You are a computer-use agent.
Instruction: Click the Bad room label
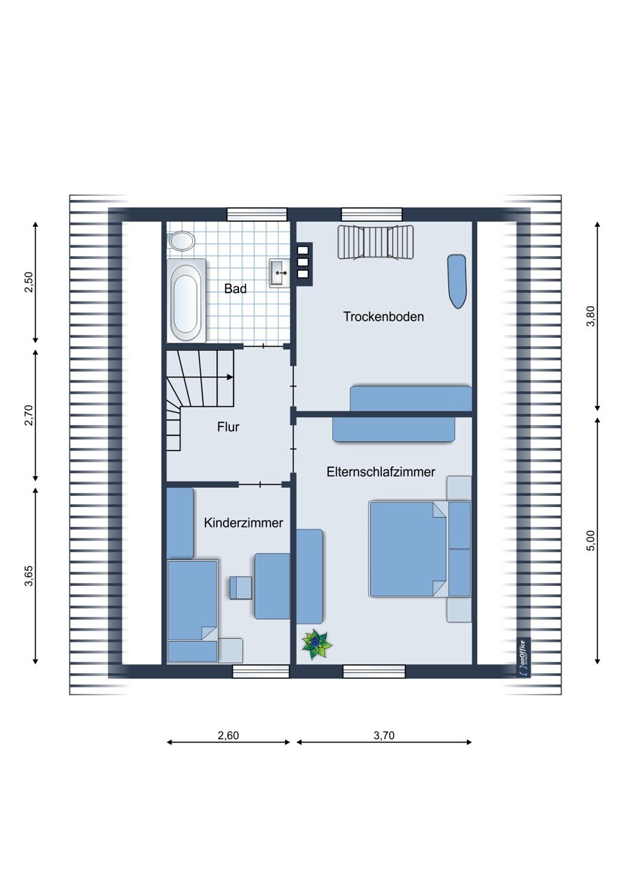pyautogui.click(x=235, y=289)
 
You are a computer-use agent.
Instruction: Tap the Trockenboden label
pyautogui.click(x=383, y=317)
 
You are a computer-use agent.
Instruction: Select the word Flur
pyautogui.click(x=228, y=427)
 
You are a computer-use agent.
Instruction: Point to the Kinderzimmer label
pyautogui.click(x=243, y=523)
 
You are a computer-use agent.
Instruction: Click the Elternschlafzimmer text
pyautogui.click(x=381, y=472)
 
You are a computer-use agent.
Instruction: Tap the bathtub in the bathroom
pyautogui.click(x=186, y=299)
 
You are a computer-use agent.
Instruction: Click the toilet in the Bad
pyautogui.click(x=181, y=242)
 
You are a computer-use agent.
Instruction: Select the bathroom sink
pyautogui.click(x=279, y=273)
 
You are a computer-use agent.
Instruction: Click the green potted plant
pyautogui.click(x=317, y=644)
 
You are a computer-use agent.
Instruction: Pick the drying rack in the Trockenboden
pyautogui.click(x=376, y=242)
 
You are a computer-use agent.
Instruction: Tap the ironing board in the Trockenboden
pyautogui.click(x=457, y=281)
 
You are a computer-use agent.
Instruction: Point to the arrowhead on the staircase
pyautogui.click(x=230, y=376)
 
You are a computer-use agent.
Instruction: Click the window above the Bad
pyautogui.click(x=257, y=214)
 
